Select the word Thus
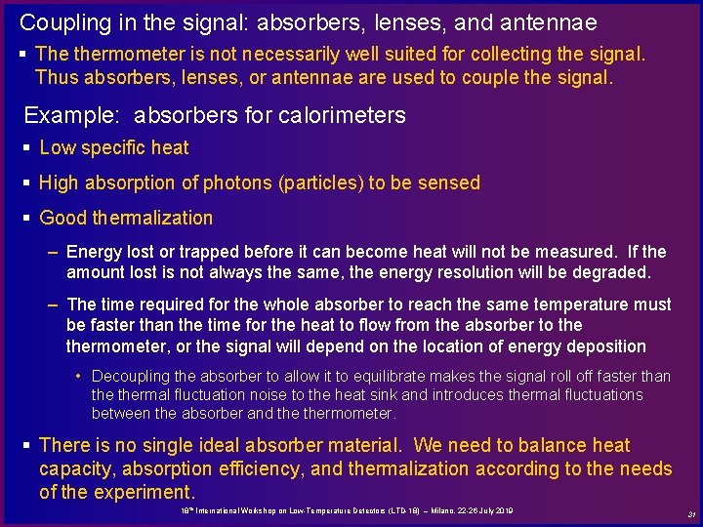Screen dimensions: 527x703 (54, 77)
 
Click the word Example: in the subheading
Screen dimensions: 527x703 (74, 115)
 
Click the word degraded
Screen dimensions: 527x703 (613, 271)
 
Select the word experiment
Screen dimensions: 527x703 (145, 492)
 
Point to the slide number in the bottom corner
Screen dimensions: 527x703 (690, 514)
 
